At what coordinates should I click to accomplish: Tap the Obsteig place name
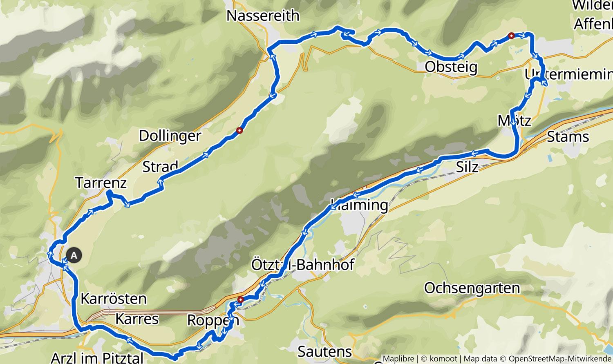click(451, 67)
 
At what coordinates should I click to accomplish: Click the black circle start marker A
click(74, 255)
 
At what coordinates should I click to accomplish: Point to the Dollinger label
click(170, 136)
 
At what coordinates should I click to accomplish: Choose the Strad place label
click(160, 166)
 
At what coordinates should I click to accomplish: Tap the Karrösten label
click(113, 299)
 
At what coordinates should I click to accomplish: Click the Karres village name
click(137, 319)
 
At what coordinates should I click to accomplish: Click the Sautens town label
click(324, 351)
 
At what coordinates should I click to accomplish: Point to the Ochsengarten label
click(472, 288)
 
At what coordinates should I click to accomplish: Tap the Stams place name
click(568, 137)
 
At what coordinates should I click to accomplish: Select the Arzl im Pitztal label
click(97, 358)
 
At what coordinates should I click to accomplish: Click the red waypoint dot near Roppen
click(240, 299)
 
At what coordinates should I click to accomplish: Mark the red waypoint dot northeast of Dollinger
click(239, 130)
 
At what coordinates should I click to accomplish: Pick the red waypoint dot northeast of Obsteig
click(511, 36)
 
